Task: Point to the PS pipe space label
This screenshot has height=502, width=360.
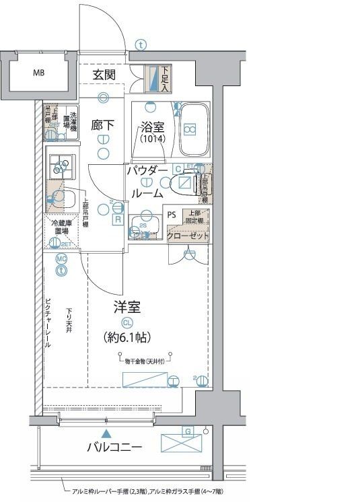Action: [172, 217]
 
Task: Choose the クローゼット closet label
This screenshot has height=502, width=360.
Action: [188, 237]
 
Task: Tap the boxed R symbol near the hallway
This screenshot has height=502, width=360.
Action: [117, 219]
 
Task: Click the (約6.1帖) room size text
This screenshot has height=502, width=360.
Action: [127, 336]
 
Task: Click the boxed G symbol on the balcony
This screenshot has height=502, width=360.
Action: [188, 431]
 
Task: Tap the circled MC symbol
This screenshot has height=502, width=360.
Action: [61, 258]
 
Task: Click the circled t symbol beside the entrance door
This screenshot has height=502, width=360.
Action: [139, 45]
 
